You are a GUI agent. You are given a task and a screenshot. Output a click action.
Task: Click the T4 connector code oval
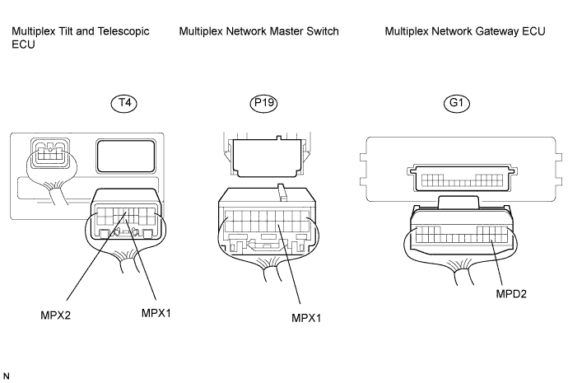pyautogui.click(x=123, y=103)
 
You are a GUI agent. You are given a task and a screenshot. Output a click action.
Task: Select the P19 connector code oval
pyautogui.click(x=263, y=103)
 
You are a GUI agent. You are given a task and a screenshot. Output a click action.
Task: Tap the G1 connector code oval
pyautogui.click(x=456, y=103)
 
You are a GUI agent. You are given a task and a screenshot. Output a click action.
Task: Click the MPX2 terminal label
pyautogui.click(x=55, y=315)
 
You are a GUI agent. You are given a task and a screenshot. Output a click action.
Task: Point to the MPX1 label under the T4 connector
pyautogui.click(x=156, y=313)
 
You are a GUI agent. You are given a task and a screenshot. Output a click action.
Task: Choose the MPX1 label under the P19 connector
pyautogui.click(x=306, y=318)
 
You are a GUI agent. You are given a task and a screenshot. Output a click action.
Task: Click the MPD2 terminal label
pyautogui.click(x=511, y=293)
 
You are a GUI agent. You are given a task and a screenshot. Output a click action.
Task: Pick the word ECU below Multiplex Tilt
pyautogui.click(x=23, y=44)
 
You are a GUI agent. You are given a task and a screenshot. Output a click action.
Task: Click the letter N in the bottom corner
pyautogui.click(x=6, y=376)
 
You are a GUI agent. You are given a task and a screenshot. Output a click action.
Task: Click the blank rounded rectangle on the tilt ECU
pyautogui.click(x=126, y=156)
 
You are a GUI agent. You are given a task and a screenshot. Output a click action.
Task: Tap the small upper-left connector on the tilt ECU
pyautogui.click(x=50, y=153)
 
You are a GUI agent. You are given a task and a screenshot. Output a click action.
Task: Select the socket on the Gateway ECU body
pyautogui.click(x=463, y=179)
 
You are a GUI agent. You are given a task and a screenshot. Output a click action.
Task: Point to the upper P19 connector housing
pyautogui.click(x=267, y=157)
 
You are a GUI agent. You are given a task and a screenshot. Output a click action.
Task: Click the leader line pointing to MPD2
pyautogui.click(x=496, y=263)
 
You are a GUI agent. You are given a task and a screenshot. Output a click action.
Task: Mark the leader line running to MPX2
pyautogui.click(x=96, y=257)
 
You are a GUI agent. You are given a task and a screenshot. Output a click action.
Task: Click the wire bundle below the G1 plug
pyautogui.click(x=462, y=271)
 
